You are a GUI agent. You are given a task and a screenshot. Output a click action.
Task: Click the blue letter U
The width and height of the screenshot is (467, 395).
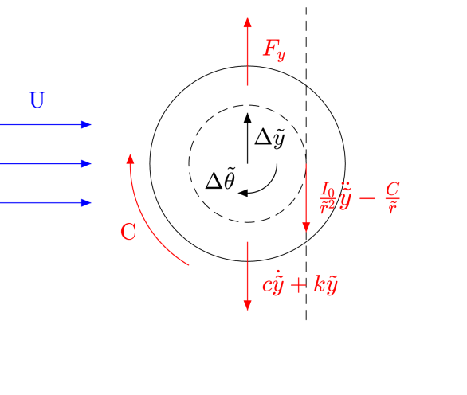point(37,100)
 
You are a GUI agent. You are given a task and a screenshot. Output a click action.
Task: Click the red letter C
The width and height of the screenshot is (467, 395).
point(128,233)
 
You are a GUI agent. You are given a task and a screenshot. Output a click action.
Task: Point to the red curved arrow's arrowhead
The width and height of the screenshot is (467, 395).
point(131,159)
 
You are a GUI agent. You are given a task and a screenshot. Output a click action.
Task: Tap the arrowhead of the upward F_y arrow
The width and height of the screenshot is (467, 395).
point(248,22)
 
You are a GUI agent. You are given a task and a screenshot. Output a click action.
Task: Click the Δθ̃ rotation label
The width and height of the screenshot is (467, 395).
point(221,182)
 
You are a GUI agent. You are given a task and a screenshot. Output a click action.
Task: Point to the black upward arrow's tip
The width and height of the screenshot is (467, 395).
point(248,109)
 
